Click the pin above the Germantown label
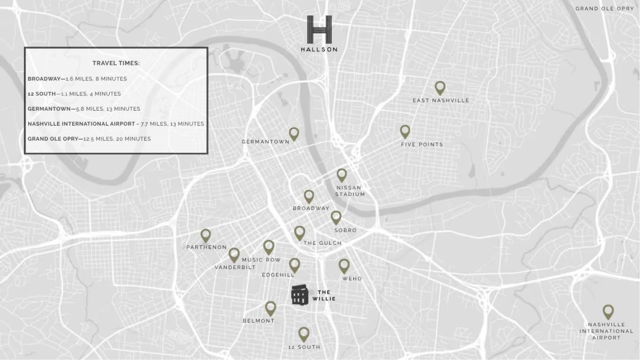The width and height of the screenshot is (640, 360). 294,134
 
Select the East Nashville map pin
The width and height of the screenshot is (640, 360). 439,87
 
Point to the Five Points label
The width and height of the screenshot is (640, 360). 422,144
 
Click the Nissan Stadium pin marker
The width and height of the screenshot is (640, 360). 342,175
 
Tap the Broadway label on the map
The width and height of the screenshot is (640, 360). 311,208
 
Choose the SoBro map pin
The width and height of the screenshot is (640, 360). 336,217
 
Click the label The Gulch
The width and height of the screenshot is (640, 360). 322,243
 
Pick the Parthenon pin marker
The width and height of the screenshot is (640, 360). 206,235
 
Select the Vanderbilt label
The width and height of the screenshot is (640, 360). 235,267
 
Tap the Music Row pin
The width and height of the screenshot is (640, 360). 268,247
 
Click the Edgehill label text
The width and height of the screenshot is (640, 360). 278,275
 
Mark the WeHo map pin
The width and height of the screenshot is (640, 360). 344,266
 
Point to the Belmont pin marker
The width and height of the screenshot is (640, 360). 270,308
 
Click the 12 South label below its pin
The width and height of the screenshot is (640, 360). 304,347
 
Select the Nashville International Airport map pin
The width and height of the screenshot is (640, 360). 608,311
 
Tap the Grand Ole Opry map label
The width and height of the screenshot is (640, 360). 604,8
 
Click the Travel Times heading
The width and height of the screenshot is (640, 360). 116,63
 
